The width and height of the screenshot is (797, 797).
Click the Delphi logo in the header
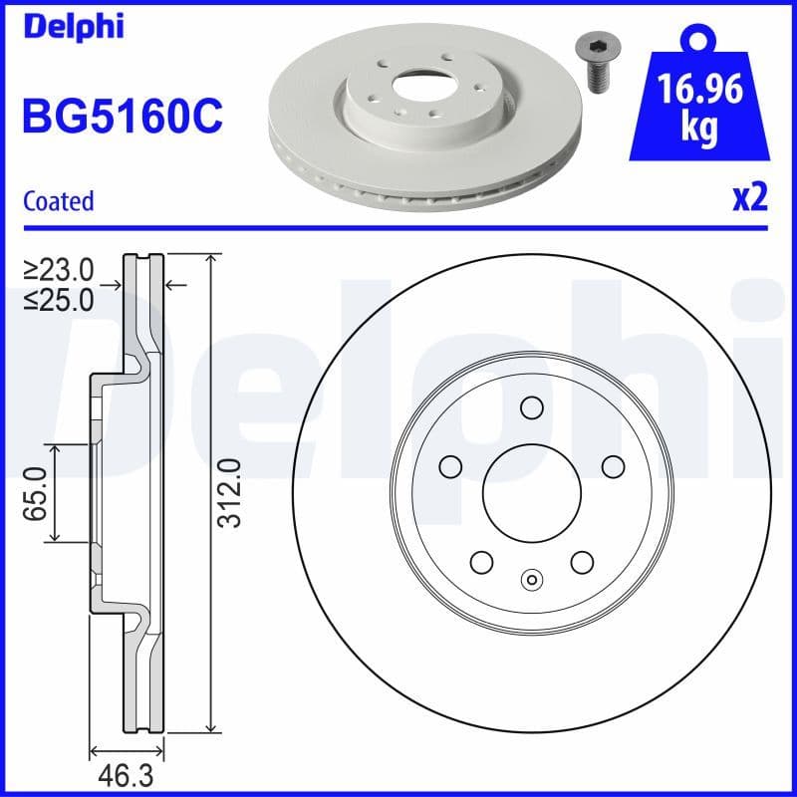click(74, 26)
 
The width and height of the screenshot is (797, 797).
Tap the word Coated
click(58, 200)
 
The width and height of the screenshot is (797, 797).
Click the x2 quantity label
click(749, 198)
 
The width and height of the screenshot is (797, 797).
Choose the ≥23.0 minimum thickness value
click(60, 269)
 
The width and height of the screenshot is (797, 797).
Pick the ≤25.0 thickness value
click(60, 298)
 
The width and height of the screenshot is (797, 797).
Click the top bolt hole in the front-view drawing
click(531, 407)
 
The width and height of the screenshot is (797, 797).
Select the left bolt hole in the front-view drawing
click(450, 466)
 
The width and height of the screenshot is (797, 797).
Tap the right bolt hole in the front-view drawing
click(613, 466)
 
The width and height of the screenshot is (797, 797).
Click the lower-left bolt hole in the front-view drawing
click(481, 562)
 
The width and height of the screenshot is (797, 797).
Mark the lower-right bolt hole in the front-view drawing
click(582, 562)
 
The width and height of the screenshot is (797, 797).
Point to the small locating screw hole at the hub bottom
click(531, 581)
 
